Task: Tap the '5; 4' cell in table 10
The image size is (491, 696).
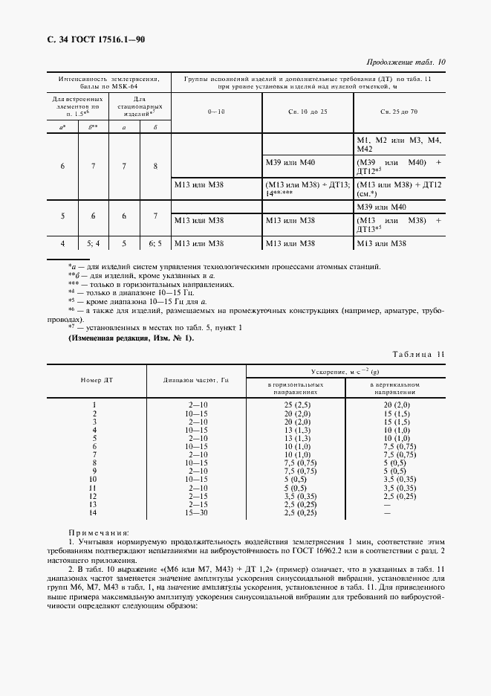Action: pyautogui.click(x=93, y=243)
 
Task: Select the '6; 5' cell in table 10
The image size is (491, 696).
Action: pyautogui.click(x=155, y=243)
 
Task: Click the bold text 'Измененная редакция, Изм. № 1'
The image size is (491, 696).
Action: pyautogui.click(x=131, y=338)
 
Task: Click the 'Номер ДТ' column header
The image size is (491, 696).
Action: pyautogui.click(x=97, y=379)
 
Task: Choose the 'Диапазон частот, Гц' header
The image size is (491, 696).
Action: pyautogui.click(x=196, y=379)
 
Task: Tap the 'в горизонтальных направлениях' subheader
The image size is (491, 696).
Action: pyautogui.click(x=296, y=387)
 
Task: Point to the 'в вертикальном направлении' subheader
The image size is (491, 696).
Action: pyautogui.click(x=395, y=387)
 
